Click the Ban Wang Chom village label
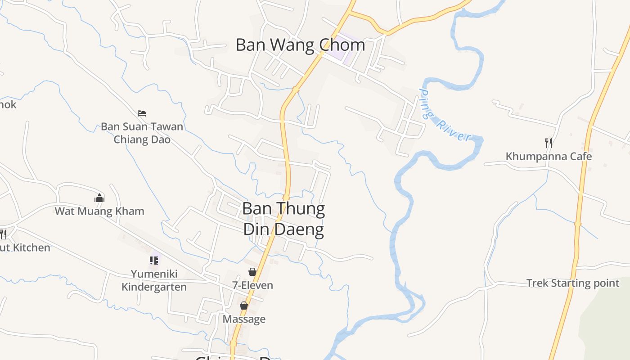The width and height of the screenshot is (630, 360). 300,45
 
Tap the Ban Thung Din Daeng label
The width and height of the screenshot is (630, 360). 283,219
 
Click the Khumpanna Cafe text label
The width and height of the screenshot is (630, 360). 549,157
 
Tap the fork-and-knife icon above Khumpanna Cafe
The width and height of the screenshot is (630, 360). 549,143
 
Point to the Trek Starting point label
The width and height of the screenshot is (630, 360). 573,283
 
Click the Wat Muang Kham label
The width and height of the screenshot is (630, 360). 99,211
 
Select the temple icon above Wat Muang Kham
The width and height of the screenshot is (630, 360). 99,198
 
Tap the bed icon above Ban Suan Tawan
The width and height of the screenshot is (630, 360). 142,113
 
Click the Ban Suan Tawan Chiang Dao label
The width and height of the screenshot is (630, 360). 142,133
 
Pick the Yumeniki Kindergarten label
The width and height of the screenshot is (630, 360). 154,280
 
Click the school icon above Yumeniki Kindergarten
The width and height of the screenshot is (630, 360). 154,261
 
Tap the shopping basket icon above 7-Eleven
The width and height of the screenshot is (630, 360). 252,272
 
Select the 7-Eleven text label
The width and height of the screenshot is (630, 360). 252,285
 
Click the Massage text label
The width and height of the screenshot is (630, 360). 244,319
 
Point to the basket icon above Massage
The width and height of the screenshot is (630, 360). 244,306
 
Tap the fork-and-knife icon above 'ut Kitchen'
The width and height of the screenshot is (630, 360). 3,234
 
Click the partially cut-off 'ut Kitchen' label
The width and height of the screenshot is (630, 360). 25,247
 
